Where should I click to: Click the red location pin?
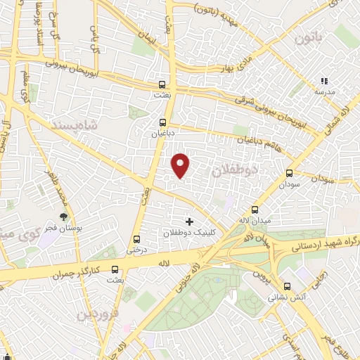click(x=181, y=165)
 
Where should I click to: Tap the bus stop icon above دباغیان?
click(x=163, y=120)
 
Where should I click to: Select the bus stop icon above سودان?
click(x=289, y=174)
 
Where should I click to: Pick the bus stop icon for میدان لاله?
click(x=255, y=209)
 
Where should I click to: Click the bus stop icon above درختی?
click(x=136, y=238)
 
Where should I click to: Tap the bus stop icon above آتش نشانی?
click(x=287, y=286)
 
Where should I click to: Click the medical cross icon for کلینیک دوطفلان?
click(x=188, y=221)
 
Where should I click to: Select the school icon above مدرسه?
click(x=324, y=82)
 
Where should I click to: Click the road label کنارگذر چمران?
click(x=76, y=271)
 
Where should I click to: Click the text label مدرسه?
click(x=324, y=92)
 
